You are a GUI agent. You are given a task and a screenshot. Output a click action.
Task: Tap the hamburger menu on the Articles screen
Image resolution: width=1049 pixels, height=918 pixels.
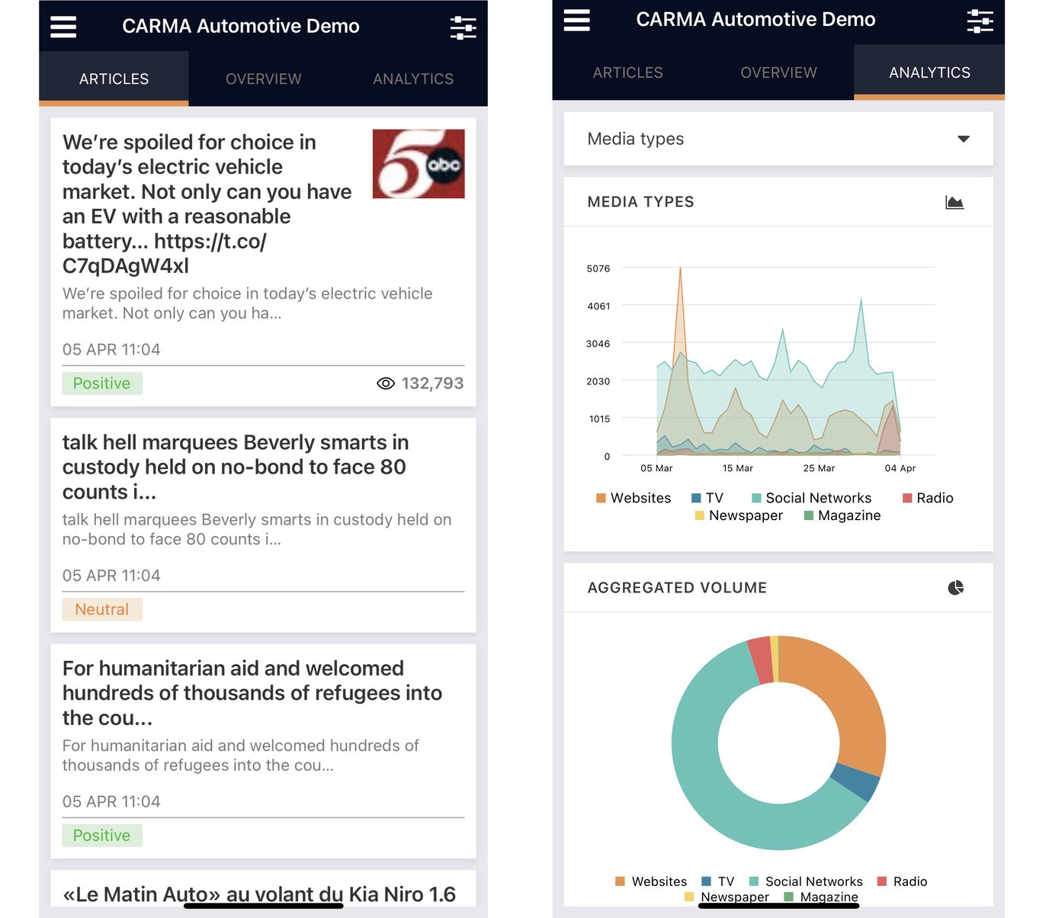[63, 27]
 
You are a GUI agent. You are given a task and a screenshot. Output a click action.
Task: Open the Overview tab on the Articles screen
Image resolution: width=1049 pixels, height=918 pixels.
[263, 79]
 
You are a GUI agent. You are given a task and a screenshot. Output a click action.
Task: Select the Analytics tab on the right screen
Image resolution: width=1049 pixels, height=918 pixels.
[929, 72]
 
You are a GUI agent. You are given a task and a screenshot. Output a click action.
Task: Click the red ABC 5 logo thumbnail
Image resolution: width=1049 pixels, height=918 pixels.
[419, 164]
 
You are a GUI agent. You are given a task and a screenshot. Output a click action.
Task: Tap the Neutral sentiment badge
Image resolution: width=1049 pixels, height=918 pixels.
[102, 609]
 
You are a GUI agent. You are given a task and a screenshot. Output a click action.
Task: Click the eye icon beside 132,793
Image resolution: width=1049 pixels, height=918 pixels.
[386, 384]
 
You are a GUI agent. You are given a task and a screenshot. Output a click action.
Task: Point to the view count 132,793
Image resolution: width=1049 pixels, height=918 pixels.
[432, 384]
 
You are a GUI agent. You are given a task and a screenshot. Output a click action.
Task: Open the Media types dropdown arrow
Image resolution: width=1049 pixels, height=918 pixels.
[964, 139]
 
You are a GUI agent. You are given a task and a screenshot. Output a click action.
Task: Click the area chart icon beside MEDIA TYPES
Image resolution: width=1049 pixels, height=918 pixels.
[954, 202]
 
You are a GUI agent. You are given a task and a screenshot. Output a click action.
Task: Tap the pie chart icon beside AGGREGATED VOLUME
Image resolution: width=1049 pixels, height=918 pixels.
[955, 588]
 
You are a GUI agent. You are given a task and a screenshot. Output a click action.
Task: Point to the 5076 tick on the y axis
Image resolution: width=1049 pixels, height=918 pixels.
[598, 268]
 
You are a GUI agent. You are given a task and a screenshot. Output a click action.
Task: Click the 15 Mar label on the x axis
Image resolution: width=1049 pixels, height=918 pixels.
[737, 468]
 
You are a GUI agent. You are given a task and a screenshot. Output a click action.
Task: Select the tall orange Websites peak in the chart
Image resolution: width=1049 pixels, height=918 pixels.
[680, 290]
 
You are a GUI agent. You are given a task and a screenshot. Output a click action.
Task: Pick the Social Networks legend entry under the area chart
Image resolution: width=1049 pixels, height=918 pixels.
[811, 498]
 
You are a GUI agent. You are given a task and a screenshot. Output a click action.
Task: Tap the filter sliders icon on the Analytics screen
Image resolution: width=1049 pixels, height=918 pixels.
[980, 21]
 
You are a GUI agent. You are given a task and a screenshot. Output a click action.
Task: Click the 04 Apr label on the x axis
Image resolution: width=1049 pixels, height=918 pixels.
[900, 468]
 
